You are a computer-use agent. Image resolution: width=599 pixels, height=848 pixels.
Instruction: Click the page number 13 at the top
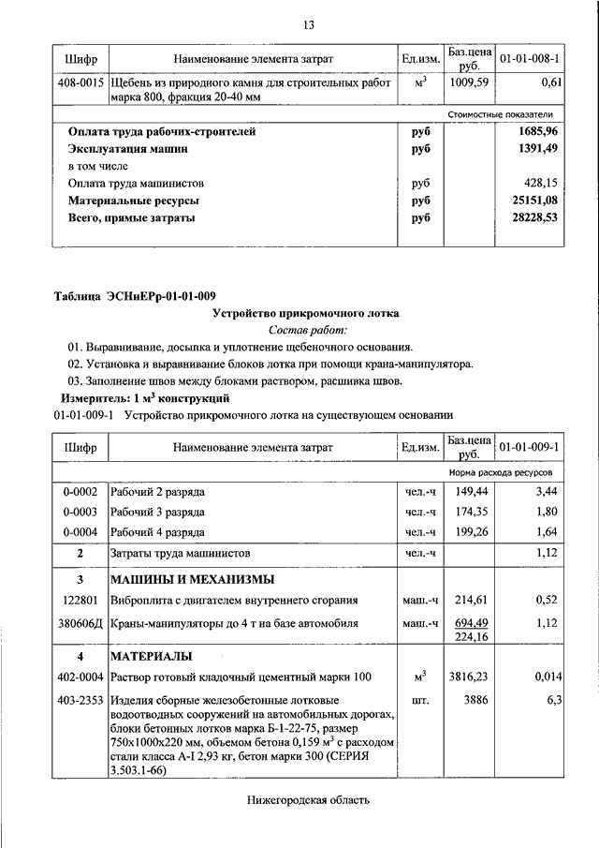coord(307,23)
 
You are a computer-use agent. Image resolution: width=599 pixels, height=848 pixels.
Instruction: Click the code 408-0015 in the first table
coord(80,83)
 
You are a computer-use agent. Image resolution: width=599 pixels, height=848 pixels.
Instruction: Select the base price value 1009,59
coord(469,83)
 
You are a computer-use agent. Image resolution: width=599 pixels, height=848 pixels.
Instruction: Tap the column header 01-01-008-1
coord(530,59)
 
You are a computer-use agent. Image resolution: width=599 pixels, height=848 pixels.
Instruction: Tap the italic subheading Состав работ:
coord(307,330)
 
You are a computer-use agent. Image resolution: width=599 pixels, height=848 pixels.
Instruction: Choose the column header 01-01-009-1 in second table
coord(530,447)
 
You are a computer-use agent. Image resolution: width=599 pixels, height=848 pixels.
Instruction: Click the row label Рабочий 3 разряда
coord(158,513)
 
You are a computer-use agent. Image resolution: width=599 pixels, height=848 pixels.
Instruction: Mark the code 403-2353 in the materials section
coord(80,700)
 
